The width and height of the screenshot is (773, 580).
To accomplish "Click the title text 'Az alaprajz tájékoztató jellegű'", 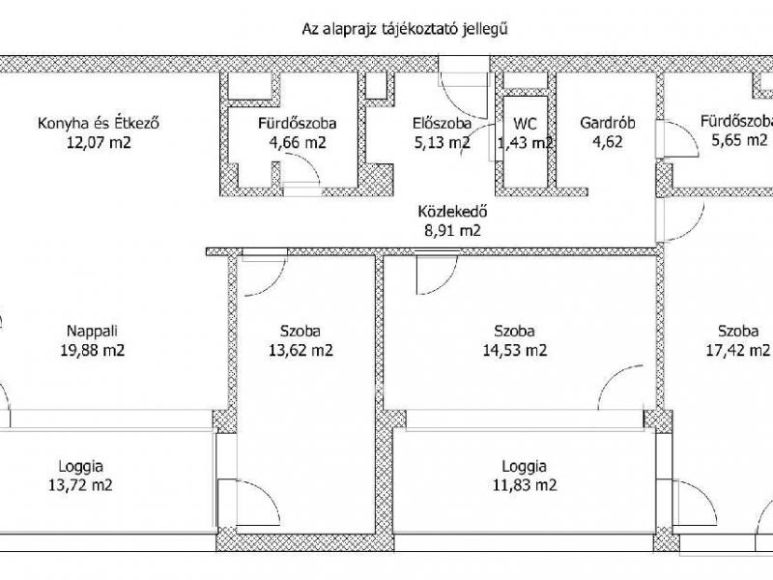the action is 405,30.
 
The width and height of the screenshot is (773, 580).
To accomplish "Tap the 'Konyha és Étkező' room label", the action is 99,123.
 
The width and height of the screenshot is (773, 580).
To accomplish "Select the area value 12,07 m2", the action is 99,143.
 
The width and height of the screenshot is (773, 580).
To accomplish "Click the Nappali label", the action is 92,331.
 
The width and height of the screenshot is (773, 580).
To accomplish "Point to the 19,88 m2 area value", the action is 92,351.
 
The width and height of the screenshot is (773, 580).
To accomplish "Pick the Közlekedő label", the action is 452,212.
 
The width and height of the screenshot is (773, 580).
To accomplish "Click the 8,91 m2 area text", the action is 452,230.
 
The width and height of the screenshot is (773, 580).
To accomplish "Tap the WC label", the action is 525,123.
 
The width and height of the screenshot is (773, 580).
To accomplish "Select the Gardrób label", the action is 607,123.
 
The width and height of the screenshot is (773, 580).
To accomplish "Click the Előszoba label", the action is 442,123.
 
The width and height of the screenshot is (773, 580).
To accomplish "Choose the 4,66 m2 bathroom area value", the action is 298,143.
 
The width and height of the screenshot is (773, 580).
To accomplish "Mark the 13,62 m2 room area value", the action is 301,351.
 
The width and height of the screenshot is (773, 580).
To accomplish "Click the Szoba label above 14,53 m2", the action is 514,331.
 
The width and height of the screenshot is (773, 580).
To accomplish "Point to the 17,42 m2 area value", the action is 737,351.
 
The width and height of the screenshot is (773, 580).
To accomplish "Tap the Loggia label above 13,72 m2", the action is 80,466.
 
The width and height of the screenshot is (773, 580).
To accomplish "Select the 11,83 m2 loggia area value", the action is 525,486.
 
